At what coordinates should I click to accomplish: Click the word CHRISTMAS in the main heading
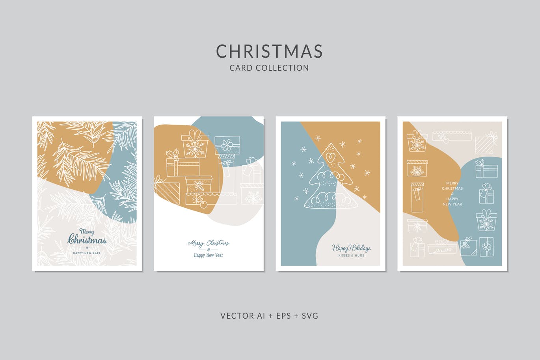point(270,51)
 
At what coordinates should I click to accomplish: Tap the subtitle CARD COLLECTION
point(270,68)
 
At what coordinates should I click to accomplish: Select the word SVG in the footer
point(310,315)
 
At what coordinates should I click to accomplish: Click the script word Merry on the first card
point(87,231)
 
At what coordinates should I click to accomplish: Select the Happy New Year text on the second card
point(209,255)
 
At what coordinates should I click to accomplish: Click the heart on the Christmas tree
point(330,157)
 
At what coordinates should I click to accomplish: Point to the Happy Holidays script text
point(351,248)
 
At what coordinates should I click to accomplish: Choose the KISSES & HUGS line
point(351,256)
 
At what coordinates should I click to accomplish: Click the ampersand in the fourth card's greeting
point(452,194)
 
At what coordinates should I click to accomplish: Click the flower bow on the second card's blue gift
point(227,145)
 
